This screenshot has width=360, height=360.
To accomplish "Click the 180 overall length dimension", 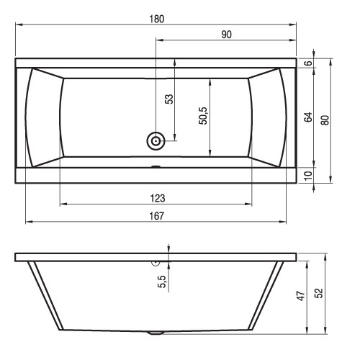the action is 157,19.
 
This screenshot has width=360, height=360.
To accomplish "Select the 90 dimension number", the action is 226,35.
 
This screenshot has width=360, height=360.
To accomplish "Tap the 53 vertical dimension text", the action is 169,99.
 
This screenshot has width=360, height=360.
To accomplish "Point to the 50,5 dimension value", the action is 203,116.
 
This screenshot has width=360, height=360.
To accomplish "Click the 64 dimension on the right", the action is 308,117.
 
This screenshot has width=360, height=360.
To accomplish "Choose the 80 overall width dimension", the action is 325,120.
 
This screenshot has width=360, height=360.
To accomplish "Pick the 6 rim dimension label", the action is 308,63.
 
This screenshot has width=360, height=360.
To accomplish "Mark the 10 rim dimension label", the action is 308,176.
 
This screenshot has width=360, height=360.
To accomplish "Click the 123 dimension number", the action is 158,199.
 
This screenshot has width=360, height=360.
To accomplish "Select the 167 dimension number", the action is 157,216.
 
